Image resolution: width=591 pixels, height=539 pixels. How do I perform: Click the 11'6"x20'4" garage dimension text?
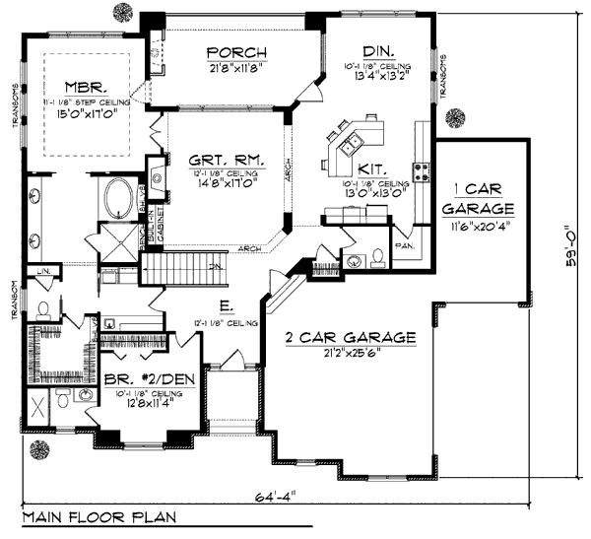pyautogui.click(x=478, y=226)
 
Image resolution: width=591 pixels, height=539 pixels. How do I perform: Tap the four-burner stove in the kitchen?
pyautogui.click(x=421, y=172)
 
